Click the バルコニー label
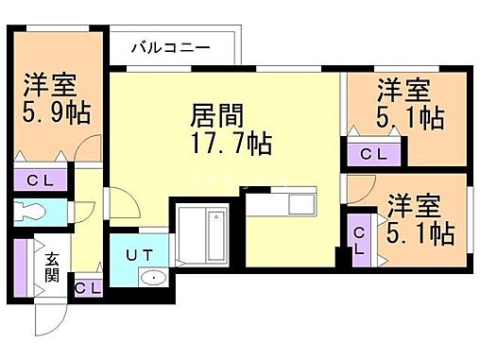pyautogui.click(x=170, y=46)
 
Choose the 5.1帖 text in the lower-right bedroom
pyautogui.click(x=420, y=231)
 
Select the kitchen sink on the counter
pyautogui.click(x=302, y=203)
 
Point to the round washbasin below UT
pyautogui.click(x=151, y=278)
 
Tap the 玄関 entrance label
pyautogui.click(x=50, y=267)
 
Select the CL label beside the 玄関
pyautogui.click(x=88, y=288)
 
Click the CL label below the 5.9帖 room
pyautogui.click(x=40, y=180)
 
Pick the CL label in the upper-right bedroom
pyautogui.click(x=371, y=155)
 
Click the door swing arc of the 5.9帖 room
pyautogui.click(x=88, y=148)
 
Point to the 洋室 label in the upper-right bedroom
pyautogui.click(x=404, y=91)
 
